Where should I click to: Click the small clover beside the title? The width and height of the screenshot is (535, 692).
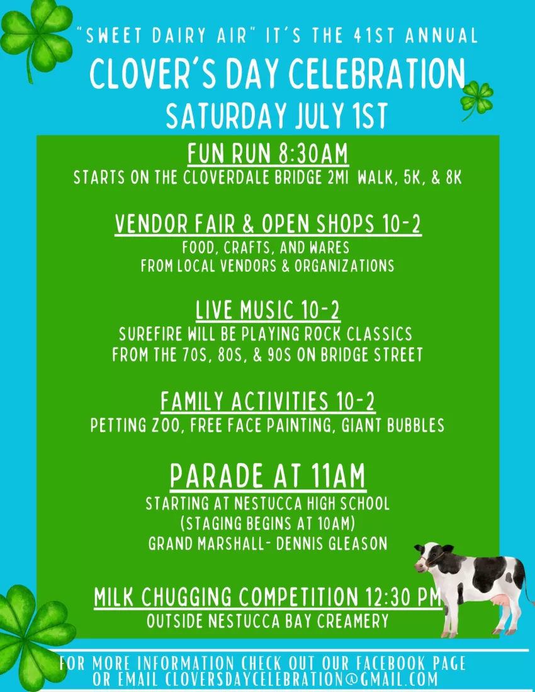click(476, 99)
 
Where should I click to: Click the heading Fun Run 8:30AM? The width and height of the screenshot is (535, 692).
click(268, 153)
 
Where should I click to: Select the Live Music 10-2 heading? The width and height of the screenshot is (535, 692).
click(268, 310)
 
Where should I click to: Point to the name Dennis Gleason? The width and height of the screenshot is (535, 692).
click(332, 544)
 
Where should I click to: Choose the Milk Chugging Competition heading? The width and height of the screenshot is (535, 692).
click(267, 596)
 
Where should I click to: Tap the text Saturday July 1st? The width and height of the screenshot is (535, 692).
click(277, 116)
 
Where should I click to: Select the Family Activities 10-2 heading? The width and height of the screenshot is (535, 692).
click(267, 401)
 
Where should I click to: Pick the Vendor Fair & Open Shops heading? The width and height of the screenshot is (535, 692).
click(268, 223)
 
